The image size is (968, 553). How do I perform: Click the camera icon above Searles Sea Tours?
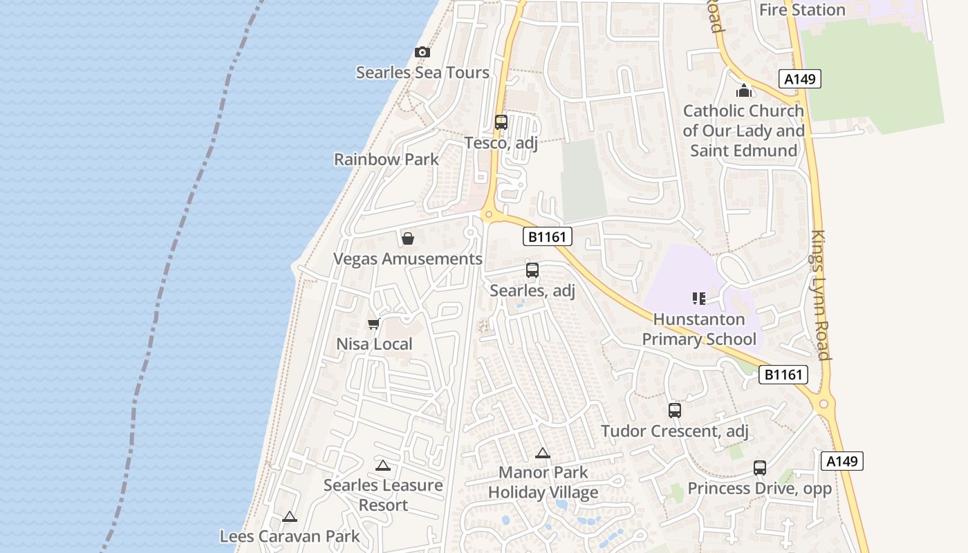click(422, 52)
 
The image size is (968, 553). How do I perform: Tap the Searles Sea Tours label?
click(422, 73)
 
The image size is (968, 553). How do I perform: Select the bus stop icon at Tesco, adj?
click(501, 122)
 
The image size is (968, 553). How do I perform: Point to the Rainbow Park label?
click(387, 159)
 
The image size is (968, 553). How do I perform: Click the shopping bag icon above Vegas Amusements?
click(408, 238)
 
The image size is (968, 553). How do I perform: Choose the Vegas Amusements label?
click(408, 259)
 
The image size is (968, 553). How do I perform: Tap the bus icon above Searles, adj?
click(532, 270)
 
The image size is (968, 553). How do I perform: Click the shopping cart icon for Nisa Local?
click(374, 324)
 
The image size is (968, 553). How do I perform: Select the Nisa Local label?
click(374, 344)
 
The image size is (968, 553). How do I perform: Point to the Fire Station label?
click(802, 10)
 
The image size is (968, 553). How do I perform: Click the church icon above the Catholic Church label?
click(744, 91)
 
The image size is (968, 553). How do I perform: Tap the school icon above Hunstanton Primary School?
click(699, 299)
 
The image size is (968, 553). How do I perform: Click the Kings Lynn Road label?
click(820, 295)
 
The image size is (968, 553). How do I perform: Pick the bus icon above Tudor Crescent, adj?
click(675, 411)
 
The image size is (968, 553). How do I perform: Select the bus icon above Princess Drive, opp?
click(760, 468)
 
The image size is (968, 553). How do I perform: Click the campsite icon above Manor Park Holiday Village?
click(543, 453)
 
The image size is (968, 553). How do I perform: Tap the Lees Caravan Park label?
click(290, 536)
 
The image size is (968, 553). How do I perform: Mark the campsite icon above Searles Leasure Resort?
click(383, 466)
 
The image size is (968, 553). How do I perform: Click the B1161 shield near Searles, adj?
click(547, 237)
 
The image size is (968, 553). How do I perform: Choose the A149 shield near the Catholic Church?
click(800, 79)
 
